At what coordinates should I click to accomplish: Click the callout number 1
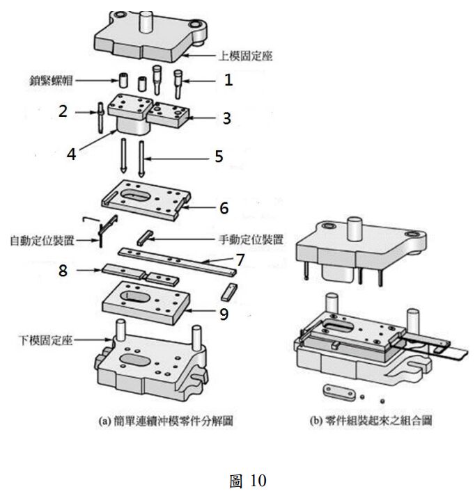tap(227, 81)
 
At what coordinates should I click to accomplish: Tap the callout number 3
tap(227, 118)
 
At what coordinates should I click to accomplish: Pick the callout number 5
tap(219, 157)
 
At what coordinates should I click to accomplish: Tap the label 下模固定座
tap(43, 341)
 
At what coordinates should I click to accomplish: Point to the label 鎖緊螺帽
tap(47, 81)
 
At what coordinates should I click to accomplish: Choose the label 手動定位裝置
tap(250, 239)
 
